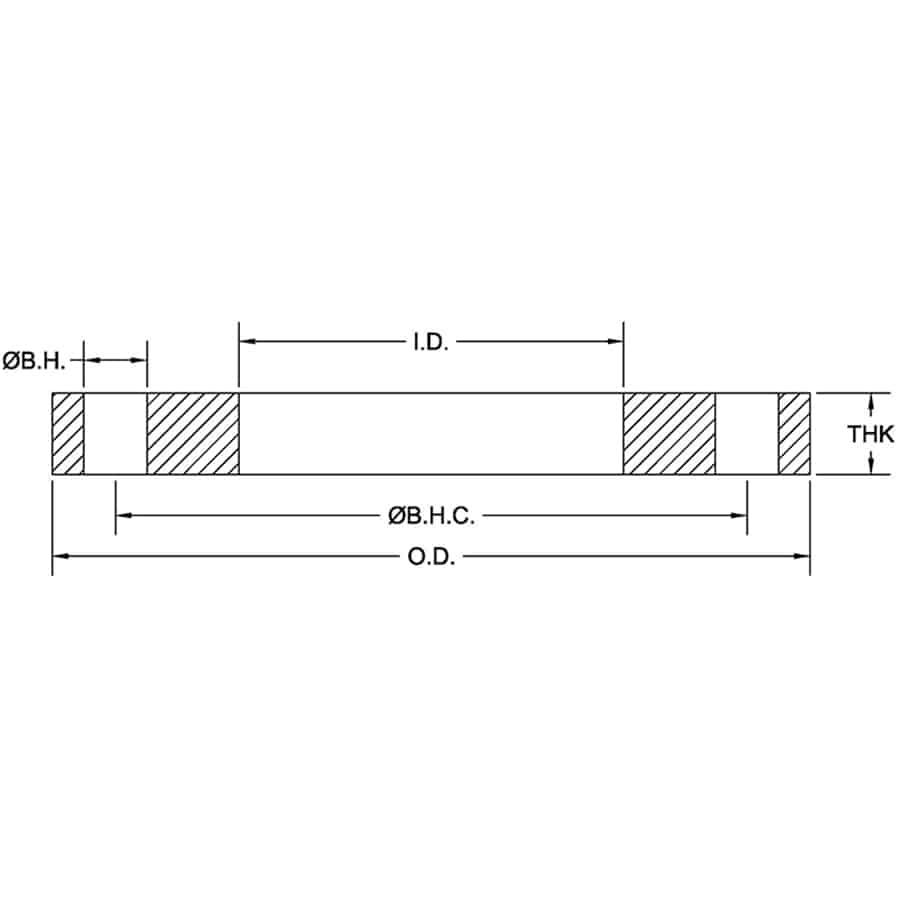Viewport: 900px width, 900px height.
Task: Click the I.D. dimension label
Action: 431,342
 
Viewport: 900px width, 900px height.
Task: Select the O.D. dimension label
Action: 431,557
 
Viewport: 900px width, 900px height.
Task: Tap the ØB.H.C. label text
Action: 431,516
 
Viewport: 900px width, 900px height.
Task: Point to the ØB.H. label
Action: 34,359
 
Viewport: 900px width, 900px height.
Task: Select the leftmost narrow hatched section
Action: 68,434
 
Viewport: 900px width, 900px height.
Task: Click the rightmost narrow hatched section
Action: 794,434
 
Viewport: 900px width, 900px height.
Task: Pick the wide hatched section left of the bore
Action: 193,434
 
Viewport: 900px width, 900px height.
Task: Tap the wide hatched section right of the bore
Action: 669,434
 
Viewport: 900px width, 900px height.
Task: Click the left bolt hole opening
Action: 115,434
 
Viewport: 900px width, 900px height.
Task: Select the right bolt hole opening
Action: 747,434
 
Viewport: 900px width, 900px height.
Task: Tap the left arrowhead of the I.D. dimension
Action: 246,342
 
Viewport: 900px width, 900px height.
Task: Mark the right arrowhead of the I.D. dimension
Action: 616,342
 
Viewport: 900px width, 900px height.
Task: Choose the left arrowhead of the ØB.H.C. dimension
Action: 123,516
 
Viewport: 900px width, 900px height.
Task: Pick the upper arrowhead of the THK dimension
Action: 873,401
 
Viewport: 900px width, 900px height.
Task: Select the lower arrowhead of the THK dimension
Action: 873,466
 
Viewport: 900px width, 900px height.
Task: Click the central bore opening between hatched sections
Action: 431,434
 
